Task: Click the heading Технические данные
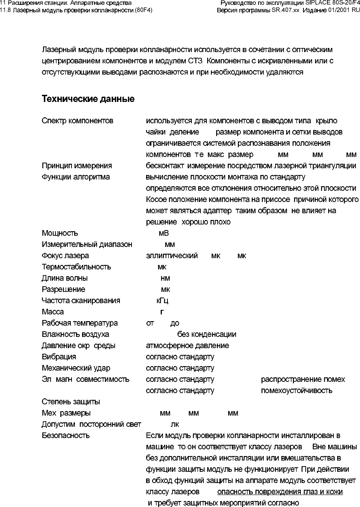pos(88,99)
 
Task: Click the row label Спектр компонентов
pos(78,121)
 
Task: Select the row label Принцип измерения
pos(77,166)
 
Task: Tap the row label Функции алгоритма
pos(76,177)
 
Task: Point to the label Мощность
pos(60,233)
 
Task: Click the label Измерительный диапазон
pos(87,244)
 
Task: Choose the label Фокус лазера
pos(66,256)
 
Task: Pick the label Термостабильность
pos(76,267)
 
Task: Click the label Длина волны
pos(65,278)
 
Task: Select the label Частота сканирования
pos(81,301)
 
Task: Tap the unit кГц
pos(162,301)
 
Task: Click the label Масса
pos(53,312)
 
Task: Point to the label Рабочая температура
pos(80,323)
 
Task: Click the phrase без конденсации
pos(207,334)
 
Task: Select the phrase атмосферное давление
pos(187,345)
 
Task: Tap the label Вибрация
pos(59,357)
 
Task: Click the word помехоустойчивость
pos(296,390)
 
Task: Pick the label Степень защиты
pos(71,402)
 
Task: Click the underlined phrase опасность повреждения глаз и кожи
pos(280,492)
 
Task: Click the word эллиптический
pos(172,256)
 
